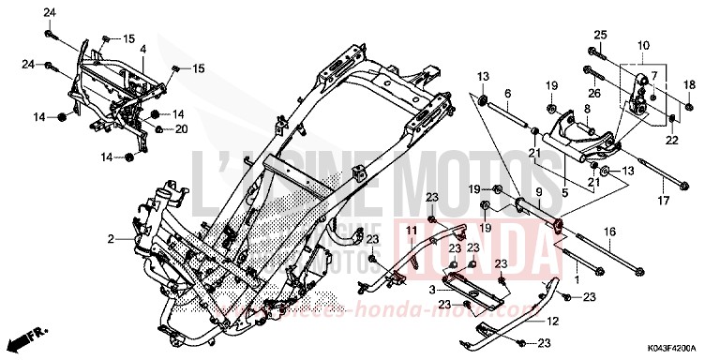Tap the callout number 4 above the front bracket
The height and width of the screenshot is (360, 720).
click(x=143, y=48)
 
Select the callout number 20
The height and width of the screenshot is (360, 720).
click(x=182, y=128)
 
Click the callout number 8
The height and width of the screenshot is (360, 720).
click(x=586, y=110)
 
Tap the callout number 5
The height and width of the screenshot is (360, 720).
click(x=564, y=167)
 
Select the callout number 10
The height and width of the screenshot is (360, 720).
click(x=644, y=45)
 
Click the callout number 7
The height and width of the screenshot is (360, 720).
click(x=654, y=75)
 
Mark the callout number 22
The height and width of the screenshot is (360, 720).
click(x=671, y=141)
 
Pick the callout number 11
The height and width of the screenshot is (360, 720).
click(x=412, y=230)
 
